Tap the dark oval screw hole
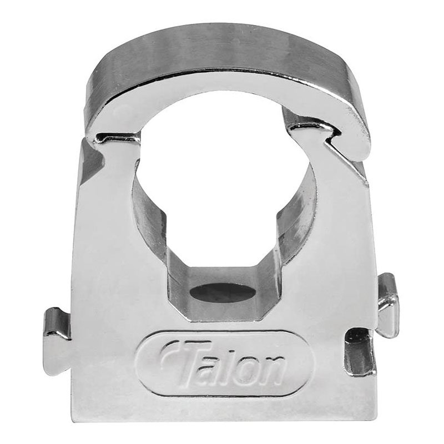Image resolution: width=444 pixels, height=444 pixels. pos(223,292)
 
